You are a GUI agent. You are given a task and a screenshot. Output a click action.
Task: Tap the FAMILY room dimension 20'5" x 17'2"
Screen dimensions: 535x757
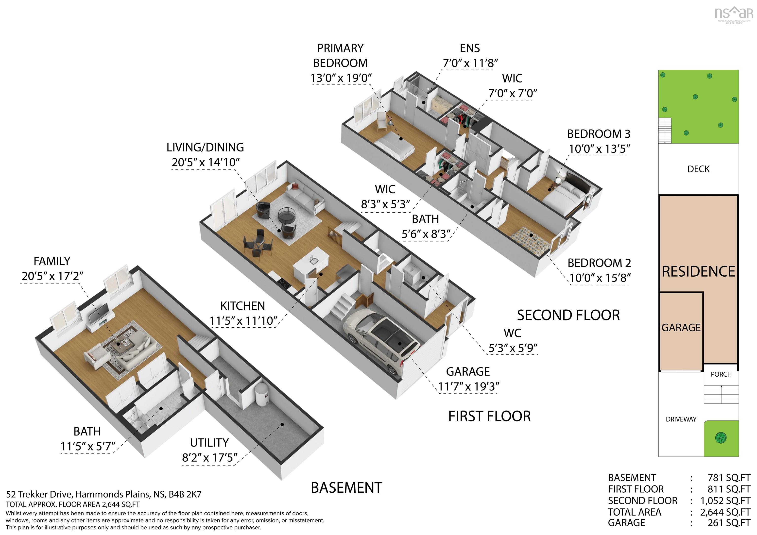coord(52,276)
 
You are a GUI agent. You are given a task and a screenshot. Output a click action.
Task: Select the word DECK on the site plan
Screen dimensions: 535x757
coord(698,169)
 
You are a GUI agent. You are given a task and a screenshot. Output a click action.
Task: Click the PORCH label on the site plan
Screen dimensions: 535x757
coord(721,374)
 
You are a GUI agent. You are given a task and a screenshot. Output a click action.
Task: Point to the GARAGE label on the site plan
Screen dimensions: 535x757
coord(681,328)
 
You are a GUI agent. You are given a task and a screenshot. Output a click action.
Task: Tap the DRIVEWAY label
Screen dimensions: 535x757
coord(681,419)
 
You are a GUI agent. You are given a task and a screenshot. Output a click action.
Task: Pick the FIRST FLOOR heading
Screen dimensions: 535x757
coord(489,416)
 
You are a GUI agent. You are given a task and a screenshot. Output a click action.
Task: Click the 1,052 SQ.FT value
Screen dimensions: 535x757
coord(725,501)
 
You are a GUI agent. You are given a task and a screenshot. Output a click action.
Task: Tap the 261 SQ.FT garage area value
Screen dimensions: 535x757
coord(729,523)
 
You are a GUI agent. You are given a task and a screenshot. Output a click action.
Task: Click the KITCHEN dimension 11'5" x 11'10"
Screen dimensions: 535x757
coord(243,321)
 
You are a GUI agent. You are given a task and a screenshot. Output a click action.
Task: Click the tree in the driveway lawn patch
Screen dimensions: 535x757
coord(721,438)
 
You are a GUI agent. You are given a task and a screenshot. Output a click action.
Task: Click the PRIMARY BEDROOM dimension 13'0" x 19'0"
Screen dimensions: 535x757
coord(341,78)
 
